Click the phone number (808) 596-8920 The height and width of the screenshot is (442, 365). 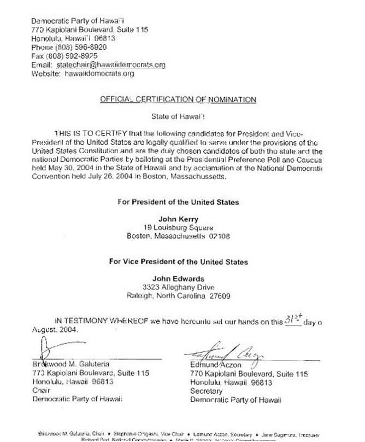click(79, 47)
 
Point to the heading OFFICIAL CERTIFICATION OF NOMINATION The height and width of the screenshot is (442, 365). click(178, 100)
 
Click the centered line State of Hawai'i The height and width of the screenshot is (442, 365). click(178, 116)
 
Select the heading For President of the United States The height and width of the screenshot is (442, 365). click(178, 202)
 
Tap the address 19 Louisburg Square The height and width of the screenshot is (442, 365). click(178, 228)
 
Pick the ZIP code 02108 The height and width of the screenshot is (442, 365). click(219, 236)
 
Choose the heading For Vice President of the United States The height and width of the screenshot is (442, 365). click(178, 261)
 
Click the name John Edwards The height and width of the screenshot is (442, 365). click(178, 278)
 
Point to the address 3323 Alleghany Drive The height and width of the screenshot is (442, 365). click(178, 287)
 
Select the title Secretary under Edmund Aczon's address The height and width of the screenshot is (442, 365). click(206, 391)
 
